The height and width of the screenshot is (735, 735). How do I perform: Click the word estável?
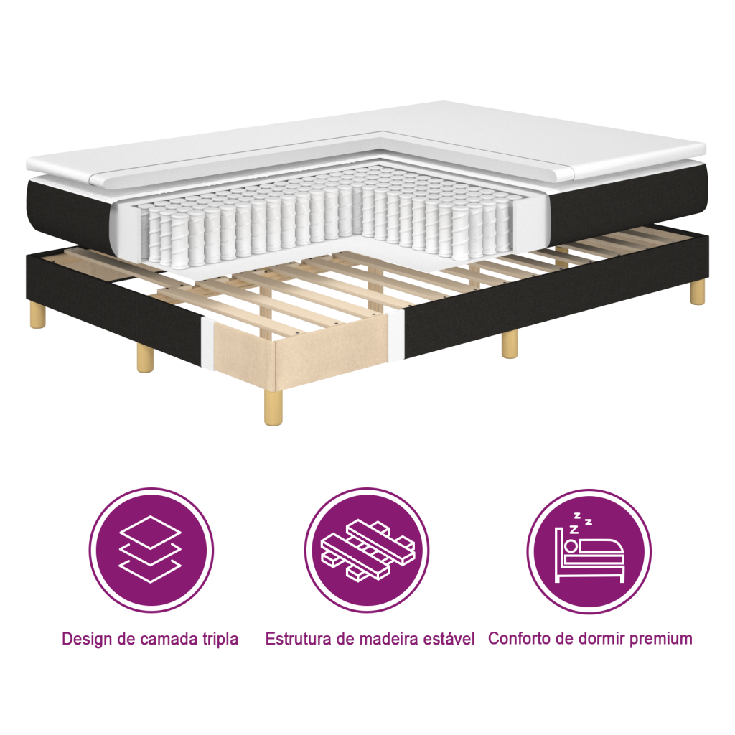[x=450, y=639]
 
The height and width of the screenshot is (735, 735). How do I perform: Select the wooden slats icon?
[x=367, y=550]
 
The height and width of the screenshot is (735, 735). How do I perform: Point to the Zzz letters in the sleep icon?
[x=580, y=523]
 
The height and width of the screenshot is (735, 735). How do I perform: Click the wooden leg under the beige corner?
[x=274, y=408]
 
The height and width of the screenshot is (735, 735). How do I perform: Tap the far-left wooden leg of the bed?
[x=37, y=316]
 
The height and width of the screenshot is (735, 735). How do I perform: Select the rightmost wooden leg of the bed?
[x=696, y=294]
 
